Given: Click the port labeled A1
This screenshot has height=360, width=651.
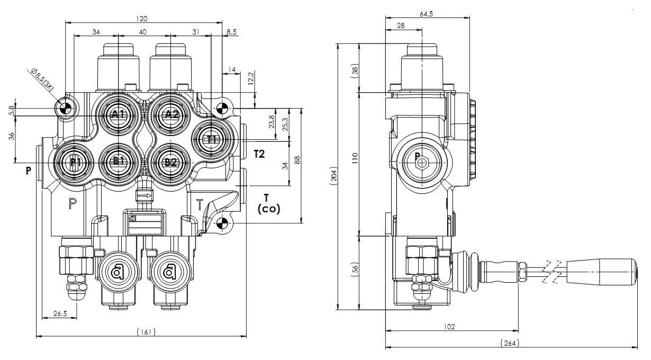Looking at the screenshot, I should [117, 114].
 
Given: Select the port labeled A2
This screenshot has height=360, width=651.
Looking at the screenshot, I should [171, 114].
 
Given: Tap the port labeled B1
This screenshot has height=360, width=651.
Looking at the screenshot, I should [117, 161].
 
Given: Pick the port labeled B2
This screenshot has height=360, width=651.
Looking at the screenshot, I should [170, 162].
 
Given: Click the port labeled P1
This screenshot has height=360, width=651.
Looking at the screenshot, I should [74, 162].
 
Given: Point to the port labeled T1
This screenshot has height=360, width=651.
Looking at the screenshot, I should [212, 140].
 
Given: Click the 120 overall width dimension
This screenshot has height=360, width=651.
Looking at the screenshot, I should [142, 19].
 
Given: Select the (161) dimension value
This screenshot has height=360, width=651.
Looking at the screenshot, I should [146, 332].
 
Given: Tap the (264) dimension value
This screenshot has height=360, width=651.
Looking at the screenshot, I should [510, 343].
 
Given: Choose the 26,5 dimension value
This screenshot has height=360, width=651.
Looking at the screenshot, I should [60, 313].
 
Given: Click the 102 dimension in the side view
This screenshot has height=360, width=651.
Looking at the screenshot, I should [449, 327].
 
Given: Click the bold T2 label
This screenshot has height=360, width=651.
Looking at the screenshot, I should [259, 154].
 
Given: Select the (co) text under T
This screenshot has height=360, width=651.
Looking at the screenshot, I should [269, 209].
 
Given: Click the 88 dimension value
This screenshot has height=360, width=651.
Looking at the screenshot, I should [297, 160].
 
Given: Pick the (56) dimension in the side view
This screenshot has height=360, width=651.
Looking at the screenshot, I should [356, 269].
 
